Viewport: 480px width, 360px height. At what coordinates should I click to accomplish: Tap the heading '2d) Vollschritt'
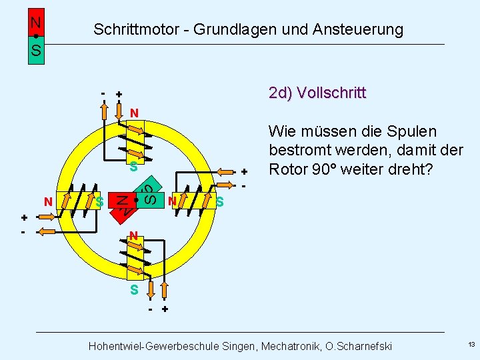pyautogui.click(x=317, y=93)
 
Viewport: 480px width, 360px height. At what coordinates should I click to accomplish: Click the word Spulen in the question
pyautogui.click(x=413, y=131)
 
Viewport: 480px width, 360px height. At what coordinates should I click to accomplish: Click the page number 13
pyautogui.click(x=471, y=345)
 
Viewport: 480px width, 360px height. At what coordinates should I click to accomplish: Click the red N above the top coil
pyautogui.click(x=134, y=113)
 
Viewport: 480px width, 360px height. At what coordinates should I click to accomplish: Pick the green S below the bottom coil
pyautogui.click(x=134, y=290)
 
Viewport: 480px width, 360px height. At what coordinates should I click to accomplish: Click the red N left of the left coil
pyautogui.click(x=48, y=201)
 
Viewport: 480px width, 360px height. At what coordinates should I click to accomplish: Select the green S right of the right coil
pyautogui.click(x=220, y=201)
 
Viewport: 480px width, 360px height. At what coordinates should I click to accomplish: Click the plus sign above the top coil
pyautogui.click(x=119, y=95)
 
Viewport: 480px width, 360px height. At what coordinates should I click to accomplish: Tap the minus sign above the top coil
pyautogui.click(x=103, y=93)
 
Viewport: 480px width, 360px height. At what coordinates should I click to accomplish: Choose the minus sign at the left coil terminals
pyautogui.click(x=23, y=232)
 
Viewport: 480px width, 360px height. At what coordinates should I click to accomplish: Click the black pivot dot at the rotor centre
pyautogui.click(x=135, y=199)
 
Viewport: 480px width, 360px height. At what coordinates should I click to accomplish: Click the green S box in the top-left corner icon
pyautogui.click(x=36, y=51)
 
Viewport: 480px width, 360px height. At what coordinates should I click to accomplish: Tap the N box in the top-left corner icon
pyautogui.click(x=36, y=22)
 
